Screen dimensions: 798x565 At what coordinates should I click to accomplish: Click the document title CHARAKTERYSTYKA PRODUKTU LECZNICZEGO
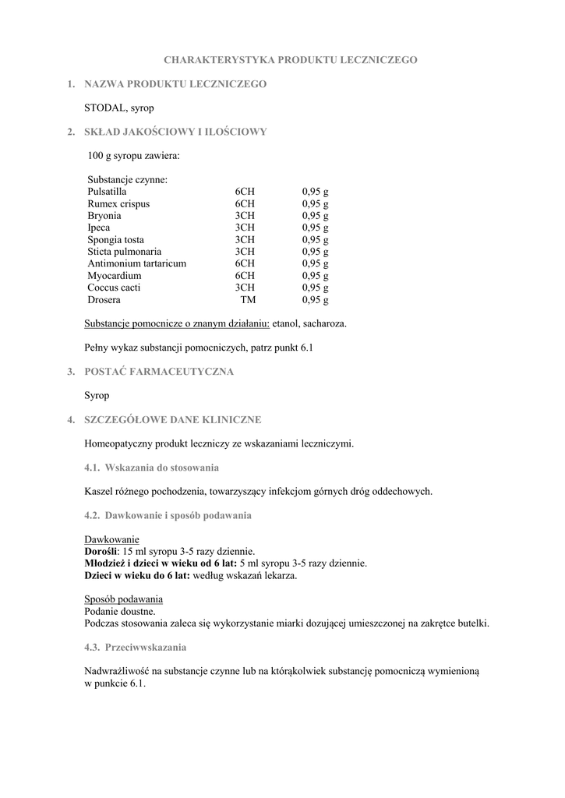coord(290,59)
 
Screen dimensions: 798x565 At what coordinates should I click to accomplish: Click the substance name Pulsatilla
coord(107,192)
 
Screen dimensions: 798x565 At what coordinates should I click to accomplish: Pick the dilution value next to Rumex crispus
coord(245,204)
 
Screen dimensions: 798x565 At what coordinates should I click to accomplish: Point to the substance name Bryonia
coord(104,216)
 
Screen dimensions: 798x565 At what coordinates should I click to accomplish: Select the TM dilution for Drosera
coord(248,300)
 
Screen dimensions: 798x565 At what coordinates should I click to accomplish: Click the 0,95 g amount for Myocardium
coord(316,276)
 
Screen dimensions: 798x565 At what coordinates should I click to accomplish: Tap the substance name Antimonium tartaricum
coord(137,264)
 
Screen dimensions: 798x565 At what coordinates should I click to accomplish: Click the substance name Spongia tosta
coord(116,240)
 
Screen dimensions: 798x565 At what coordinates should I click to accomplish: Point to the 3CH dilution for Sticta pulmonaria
coord(245,252)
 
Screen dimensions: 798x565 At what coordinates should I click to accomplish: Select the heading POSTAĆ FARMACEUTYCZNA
coord(159,372)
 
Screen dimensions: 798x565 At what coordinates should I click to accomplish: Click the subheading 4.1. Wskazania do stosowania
coord(151,468)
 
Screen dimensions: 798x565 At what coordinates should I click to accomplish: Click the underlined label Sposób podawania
coord(123,599)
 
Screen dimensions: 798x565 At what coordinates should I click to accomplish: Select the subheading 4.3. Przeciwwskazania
coord(135,648)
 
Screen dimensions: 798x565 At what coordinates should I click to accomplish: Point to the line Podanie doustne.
coord(119,612)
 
